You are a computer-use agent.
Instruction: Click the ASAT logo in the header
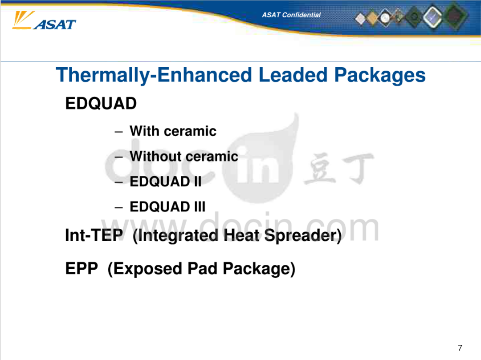pyautogui.click(x=44, y=20)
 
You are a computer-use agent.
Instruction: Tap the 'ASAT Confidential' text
pyautogui.click(x=291, y=15)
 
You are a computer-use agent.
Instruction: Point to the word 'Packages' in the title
pyautogui.click(x=380, y=75)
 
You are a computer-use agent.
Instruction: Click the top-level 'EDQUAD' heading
pyautogui.click(x=101, y=103)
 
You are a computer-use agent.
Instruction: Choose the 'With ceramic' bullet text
pyautogui.click(x=173, y=131)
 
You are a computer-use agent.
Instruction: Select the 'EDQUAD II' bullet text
pyautogui.click(x=166, y=182)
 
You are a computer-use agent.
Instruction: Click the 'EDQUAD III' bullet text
pyautogui.click(x=167, y=207)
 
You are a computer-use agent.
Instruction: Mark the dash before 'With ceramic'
pyautogui.click(x=119, y=132)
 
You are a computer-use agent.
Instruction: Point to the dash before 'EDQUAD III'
pyautogui.click(x=119, y=208)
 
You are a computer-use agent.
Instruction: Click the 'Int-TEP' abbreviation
pyautogui.click(x=94, y=235)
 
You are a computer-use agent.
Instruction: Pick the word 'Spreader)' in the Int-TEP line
pyautogui.click(x=303, y=235)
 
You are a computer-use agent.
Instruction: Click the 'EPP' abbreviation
pyautogui.click(x=82, y=268)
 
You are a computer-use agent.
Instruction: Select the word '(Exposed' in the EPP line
pyautogui.click(x=145, y=269)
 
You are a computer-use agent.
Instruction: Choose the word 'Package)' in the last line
pyautogui.click(x=259, y=269)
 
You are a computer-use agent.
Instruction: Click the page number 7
pyautogui.click(x=460, y=348)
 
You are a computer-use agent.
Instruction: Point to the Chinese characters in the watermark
pyautogui.click(x=339, y=168)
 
